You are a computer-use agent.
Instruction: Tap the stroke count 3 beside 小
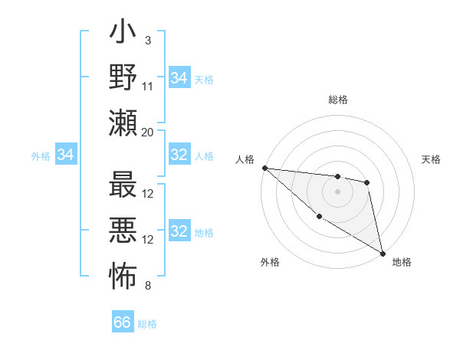pyautogui.click(x=148, y=41)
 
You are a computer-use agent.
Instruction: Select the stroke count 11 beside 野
pyautogui.click(x=148, y=85)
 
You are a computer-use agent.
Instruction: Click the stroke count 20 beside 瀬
pyautogui.click(x=148, y=132)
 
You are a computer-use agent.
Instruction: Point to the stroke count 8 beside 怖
pyautogui.click(x=148, y=286)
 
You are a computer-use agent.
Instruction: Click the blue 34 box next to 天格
pyautogui.click(x=179, y=78)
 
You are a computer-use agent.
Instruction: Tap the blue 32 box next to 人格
pyautogui.click(x=179, y=155)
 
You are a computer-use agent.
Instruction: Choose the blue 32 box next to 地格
pyautogui.click(x=179, y=231)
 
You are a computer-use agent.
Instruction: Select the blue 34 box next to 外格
pyautogui.click(x=65, y=155)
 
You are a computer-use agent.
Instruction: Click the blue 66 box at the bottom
pyautogui.click(x=123, y=322)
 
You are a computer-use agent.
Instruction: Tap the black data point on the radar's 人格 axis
pyautogui.click(x=264, y=168)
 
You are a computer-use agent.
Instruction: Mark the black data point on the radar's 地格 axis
pyautogui.click(x=383, y=253)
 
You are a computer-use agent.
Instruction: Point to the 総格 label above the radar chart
pyautogui.click(x=338, y=100)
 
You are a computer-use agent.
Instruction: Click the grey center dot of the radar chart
pyautogui.click(x=337, y=191)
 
